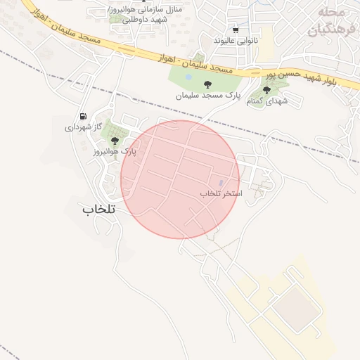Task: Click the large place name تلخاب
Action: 98,209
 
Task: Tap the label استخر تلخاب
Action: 221,193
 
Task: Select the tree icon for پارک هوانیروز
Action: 115,141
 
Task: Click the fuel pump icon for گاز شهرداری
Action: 84,117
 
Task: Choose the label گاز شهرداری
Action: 84,127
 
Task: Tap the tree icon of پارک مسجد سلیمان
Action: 207,84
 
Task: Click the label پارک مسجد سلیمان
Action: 208,94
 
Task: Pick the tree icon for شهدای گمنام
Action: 266,90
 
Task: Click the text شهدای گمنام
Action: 267,101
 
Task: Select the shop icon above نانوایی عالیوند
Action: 236,30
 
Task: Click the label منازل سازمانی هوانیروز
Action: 143,14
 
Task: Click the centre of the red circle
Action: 180,179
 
